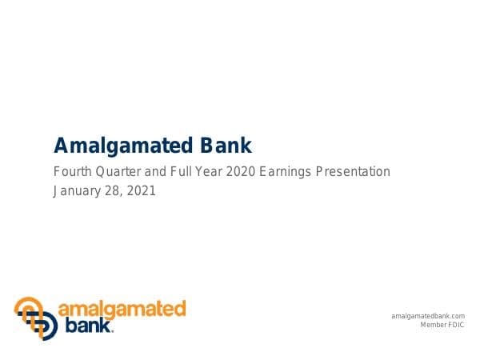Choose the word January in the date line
[77, 191]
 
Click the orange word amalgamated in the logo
[122, 309]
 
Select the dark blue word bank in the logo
[85, 325]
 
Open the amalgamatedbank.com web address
[428, 317]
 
